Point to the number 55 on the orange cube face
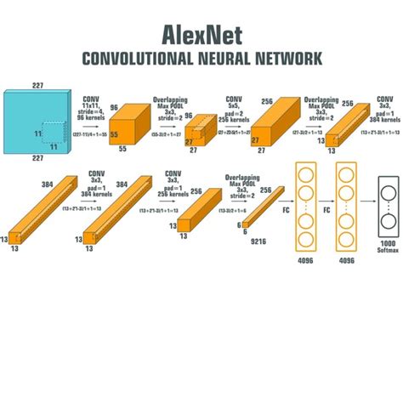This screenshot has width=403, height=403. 115,134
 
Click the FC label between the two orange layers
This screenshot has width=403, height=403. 326,206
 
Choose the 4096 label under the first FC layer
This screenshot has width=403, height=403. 307,261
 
